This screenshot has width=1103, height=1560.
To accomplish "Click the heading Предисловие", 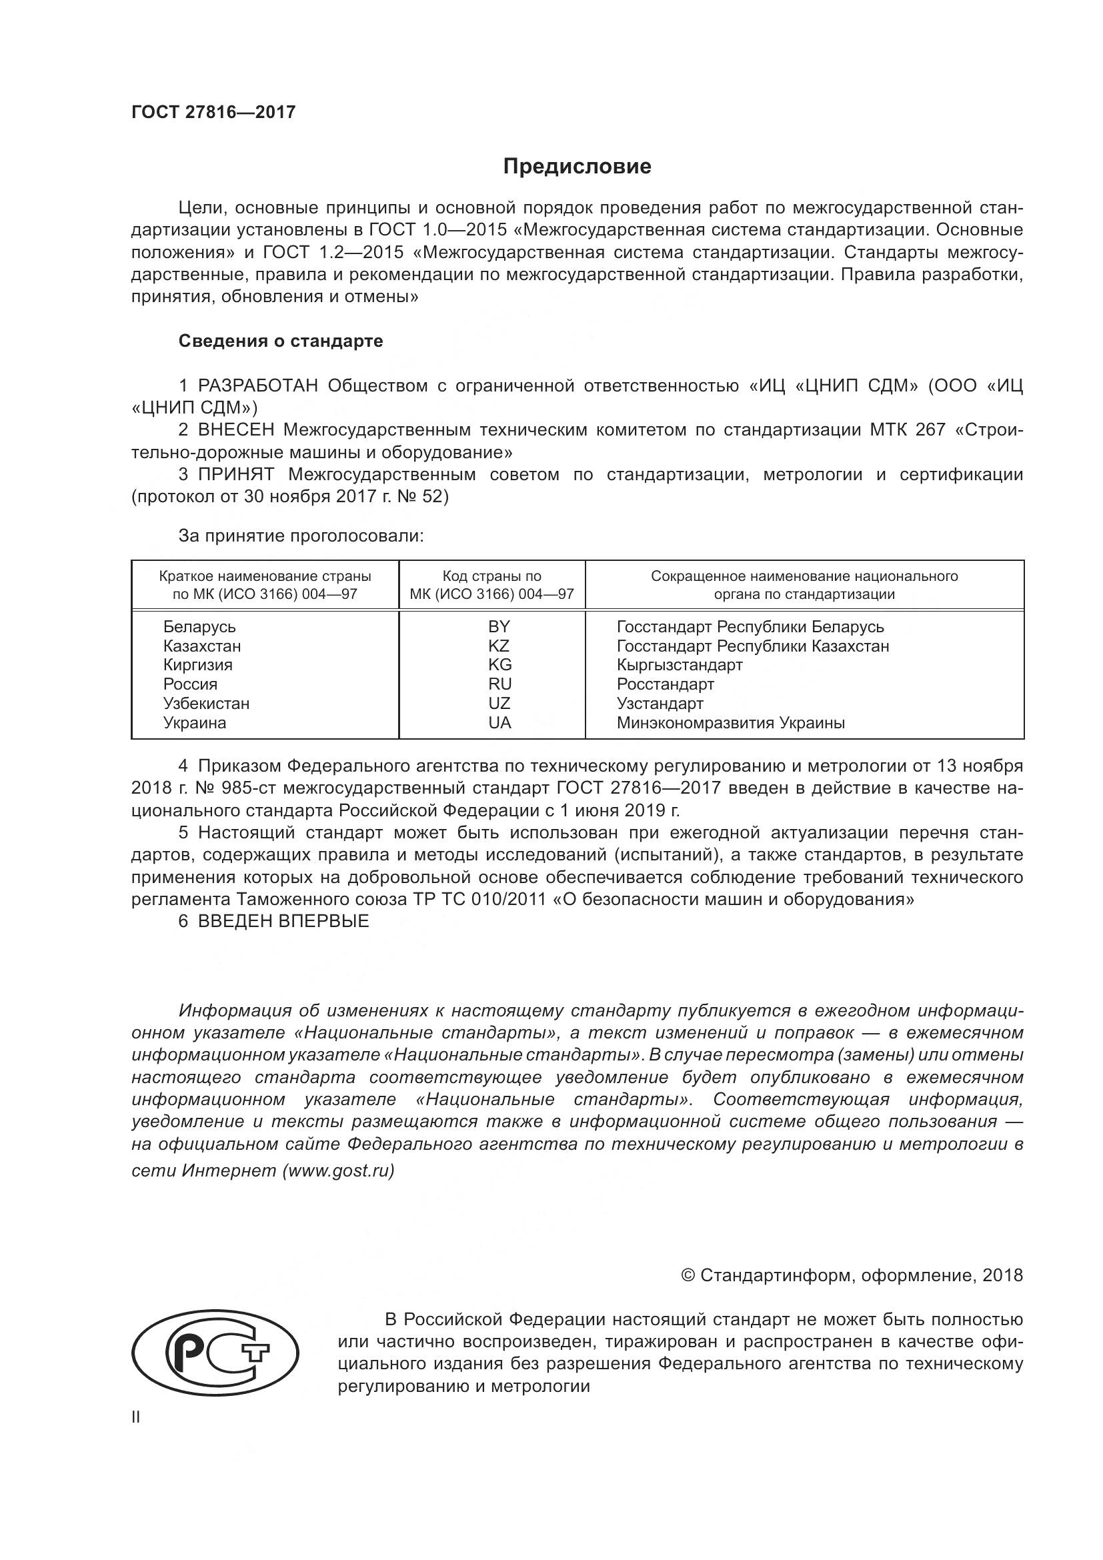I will click(577, 167).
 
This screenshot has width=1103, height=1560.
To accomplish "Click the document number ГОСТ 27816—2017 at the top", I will click(213, 112).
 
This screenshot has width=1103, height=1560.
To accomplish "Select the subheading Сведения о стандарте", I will click(281, 341).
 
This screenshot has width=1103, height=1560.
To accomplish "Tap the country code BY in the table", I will click(499, 626).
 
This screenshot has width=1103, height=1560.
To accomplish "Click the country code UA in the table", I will click(499, 723).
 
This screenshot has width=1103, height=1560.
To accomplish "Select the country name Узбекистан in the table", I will click(206, 703).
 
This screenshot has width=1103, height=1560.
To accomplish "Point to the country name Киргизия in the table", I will click(197, 664).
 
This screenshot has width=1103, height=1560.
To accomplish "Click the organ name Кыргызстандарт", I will click(679, 664).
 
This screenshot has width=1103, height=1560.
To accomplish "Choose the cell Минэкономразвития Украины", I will click(730, 723).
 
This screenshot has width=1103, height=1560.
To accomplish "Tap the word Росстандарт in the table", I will click(665, 684).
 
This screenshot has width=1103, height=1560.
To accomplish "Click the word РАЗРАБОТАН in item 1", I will click(257, 386).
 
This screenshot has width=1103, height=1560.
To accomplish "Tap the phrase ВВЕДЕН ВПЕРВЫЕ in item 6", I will click(283, 921).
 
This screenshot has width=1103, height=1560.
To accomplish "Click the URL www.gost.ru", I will click(338, 1171).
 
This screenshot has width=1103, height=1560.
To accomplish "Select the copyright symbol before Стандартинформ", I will click(688, 1275).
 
